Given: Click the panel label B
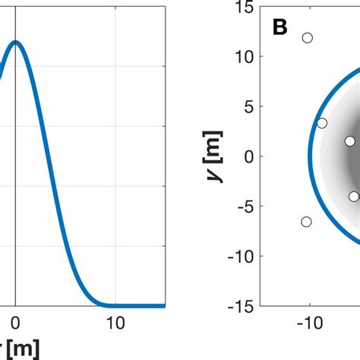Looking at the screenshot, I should point(280,28).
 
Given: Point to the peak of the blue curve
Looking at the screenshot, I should point(15,42).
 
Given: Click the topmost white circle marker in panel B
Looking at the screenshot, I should point(308,37).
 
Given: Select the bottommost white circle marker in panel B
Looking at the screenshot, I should point(306,222).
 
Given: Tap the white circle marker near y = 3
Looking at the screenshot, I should point(322,123).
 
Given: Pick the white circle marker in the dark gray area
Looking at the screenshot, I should point(349,141).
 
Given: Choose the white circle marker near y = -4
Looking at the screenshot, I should point(354,196).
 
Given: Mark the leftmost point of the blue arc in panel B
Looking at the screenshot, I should point(309,157).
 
